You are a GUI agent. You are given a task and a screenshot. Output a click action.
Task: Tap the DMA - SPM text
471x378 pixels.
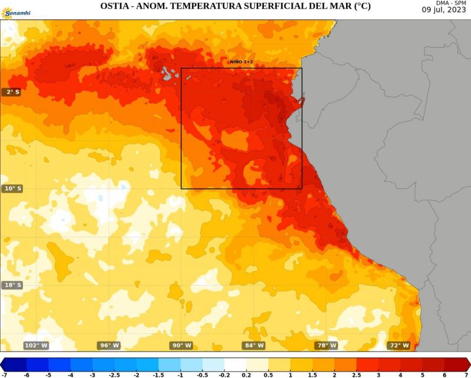(x=451, y=3)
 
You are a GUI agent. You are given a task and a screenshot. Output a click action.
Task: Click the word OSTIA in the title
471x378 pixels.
(x=115, y=6)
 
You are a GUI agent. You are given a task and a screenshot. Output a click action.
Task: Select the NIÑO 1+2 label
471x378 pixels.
(x=241, y=62)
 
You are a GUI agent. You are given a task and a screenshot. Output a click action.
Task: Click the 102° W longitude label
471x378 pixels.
(x=36, y=346)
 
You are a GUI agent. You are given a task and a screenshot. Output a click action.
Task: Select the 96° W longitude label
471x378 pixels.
(x=109, y=346)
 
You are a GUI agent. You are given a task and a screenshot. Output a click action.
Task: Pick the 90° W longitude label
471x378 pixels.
(x=181, y=346)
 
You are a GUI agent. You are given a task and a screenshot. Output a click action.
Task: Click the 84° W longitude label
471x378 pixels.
(x=254, y=346)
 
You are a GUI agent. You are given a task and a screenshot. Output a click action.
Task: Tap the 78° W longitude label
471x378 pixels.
(x=327, y=346)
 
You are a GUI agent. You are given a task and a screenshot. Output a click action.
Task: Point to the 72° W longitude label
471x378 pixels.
(x=399, y=346)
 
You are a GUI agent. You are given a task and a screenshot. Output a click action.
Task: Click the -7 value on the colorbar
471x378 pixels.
(x=5, y=374)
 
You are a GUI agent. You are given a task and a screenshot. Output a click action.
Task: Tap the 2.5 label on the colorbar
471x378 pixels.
(x=356, y=374)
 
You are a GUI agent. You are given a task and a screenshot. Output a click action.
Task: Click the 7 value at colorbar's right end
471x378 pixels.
(x=466, y=374)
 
